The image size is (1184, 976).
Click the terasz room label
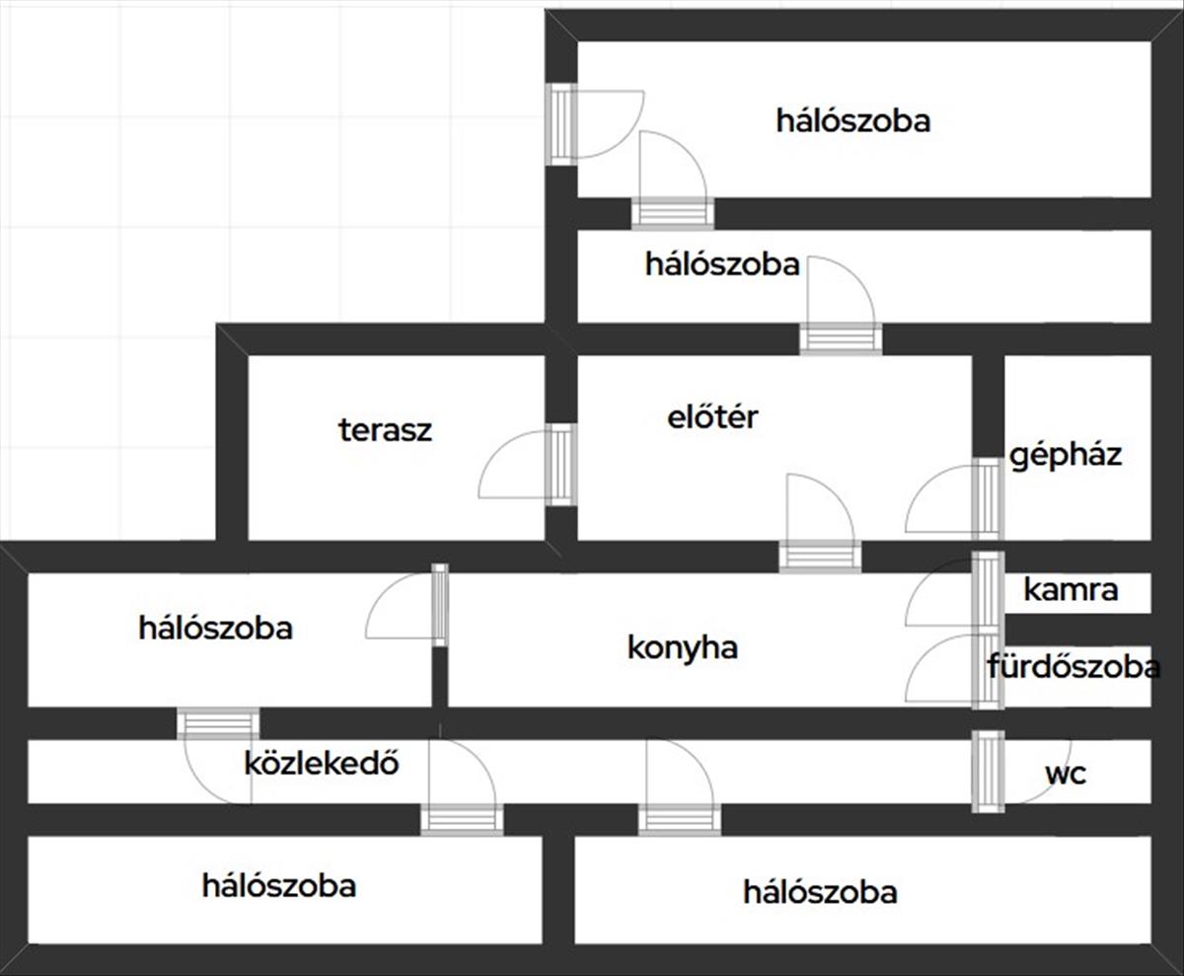pyautogui.click(x=385, y=430)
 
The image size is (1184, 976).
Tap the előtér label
pyautogui.click(x=712, y=417)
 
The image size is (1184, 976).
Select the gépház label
pyautogui.click(x=1065, y=455)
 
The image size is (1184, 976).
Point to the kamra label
pyautogui.click(x=1071, y=590)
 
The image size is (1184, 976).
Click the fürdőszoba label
pyautogui.click(x=1073, y=668)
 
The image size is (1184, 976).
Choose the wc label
pyautogui.click(x=1066, y=774)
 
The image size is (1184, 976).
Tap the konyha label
pyautogui.click(x=683, y=648)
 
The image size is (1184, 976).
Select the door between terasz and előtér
pyautogui.click(x=559, y=464)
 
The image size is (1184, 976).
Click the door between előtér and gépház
pyautogui.click(x=987, y=498)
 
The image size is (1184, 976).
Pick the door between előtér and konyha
pyautogui.click(x=819, y=556)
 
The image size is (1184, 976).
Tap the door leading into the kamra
pyautogui.click(x=987, y=590)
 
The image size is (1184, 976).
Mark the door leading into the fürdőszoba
pyautogui.click(x=987, y=671)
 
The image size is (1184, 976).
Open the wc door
pyautogui.click(x=987, y=771)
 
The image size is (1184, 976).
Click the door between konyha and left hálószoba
pyautogui.click(x=440, y=604)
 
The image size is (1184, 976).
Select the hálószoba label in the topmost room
pyautogui.click(x=852, y=121)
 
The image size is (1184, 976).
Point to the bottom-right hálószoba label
pyautogui.click(x=820, y=893)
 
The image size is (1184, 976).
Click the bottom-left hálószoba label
pyautogui.click(x=279, y=885)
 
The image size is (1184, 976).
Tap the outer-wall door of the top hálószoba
pyautogui.click(x=561, y=123)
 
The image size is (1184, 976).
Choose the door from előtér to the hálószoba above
pyautogui.click(x=840, y=338)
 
